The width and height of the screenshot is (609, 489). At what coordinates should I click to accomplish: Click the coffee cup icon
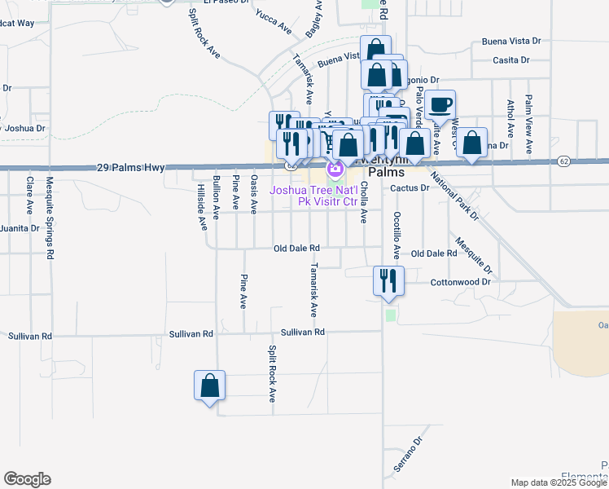(440, 105)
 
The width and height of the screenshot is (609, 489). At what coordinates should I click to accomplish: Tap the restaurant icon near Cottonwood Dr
(386, 281)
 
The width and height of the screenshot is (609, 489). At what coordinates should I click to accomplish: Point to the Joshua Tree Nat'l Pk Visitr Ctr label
(314, 196)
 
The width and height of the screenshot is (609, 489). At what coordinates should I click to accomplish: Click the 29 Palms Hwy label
(130, 167)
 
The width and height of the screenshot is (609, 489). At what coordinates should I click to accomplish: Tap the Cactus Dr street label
(410, 187)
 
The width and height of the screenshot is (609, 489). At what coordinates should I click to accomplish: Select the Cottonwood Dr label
(462, 282)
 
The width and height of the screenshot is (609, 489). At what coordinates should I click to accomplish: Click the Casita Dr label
(511, 60)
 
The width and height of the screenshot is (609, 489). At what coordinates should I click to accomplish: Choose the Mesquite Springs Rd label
(50, 218)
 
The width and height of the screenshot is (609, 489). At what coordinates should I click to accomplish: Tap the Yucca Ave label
(274, 23)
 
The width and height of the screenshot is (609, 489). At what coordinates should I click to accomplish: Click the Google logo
(27, 479)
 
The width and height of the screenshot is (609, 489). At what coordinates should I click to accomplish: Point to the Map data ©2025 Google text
(559, 482)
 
